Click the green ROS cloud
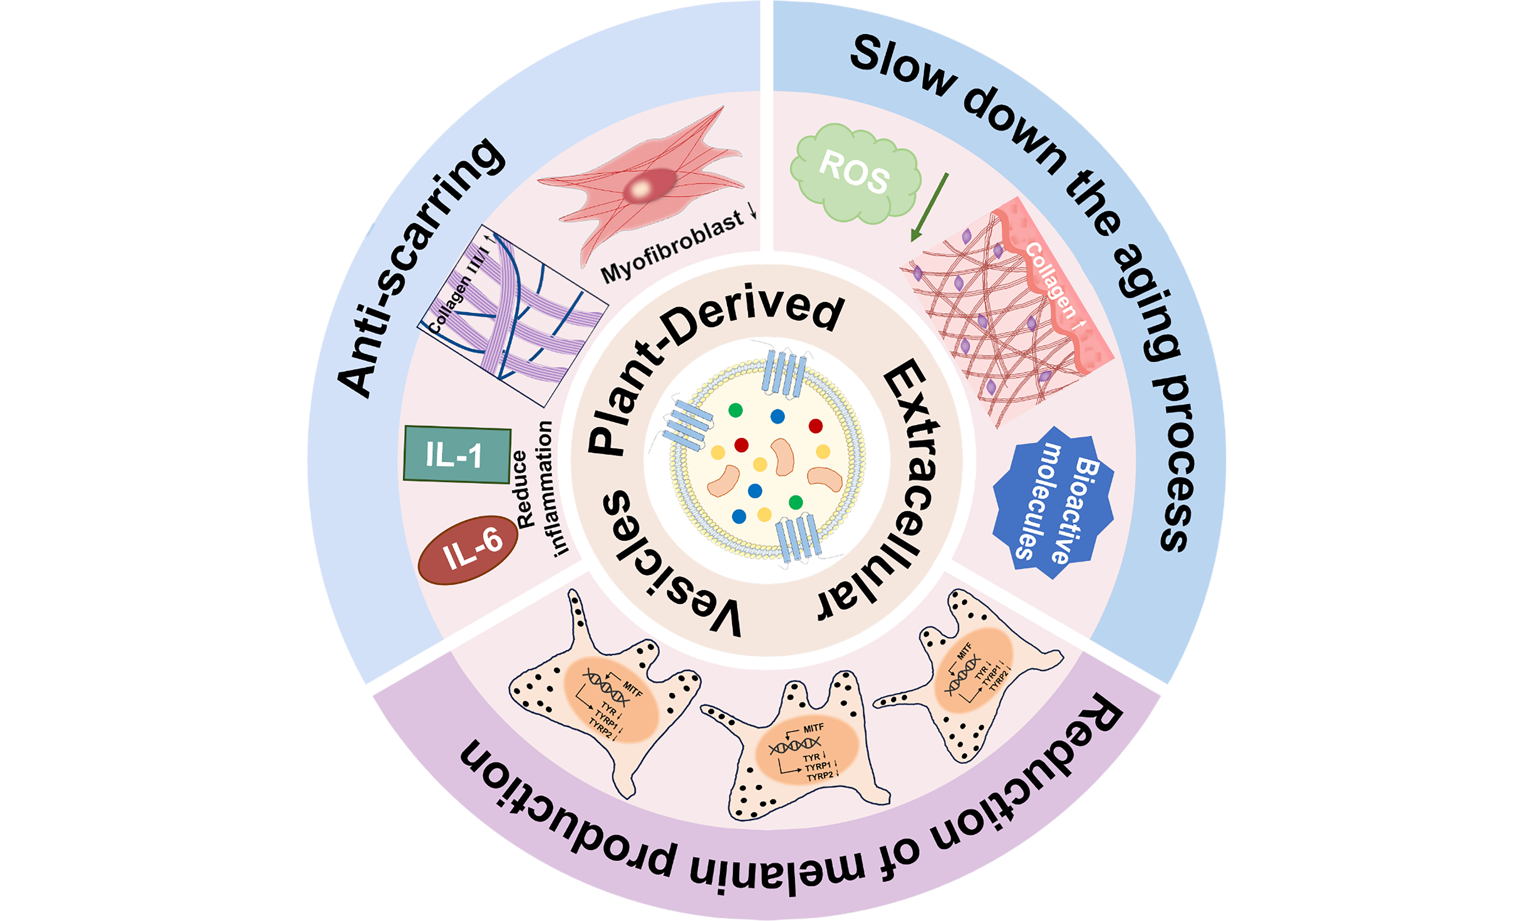pos(855,173)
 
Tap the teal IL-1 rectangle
pos(456,455)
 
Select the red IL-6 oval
pos(469,550)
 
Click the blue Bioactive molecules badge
pos(1052,503)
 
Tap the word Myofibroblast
pos(673,246)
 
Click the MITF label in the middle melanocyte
pos(813,728)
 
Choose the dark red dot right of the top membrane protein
pos(816,426)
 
